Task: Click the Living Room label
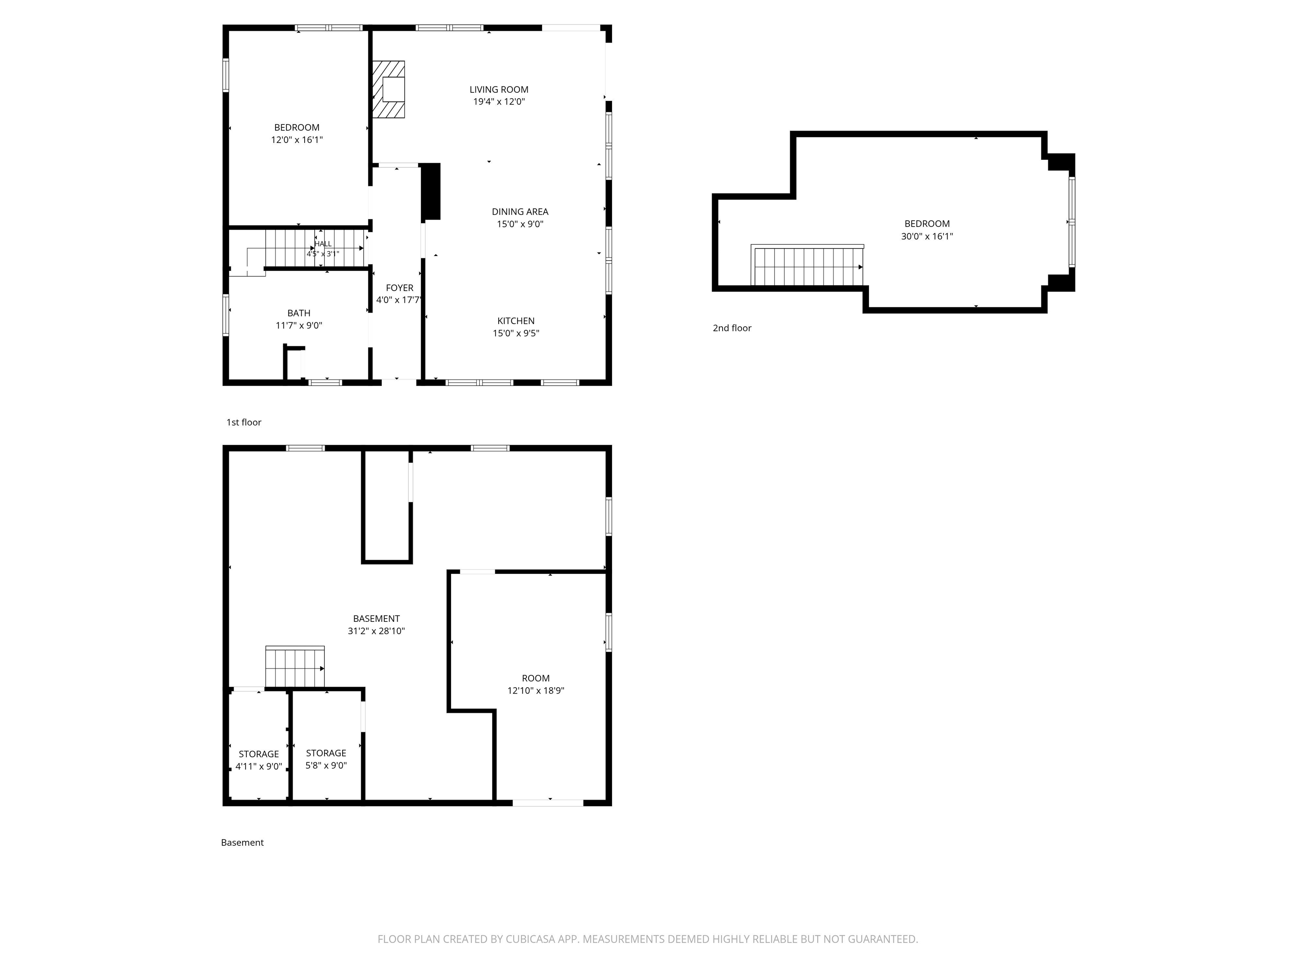(x=499, y=89)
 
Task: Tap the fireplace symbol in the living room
(x=389, y=89)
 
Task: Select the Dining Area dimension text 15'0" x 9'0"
(x=520, y=224)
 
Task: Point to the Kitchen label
(x=516, y=321)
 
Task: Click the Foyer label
(x=400, y=288)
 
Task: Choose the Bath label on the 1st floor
(x=299, y=313)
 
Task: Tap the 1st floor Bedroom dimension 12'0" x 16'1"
(x=297, y=140)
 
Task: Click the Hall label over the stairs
(x=323, y=244)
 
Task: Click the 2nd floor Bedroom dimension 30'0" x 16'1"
(x=927, y=237)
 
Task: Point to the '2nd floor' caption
(x=732, y=328)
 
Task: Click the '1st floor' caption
(x=244, y=422)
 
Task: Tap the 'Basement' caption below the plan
(x=242, y=842)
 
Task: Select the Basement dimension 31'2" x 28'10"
(x=376, y=631)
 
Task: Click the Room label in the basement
(x=535, y=678)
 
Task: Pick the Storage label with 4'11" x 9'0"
(x=258, y=754)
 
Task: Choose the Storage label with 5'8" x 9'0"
(x=326, y=753)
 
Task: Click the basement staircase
(x=295, y=667)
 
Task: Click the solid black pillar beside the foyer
(x=431, y=192)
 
